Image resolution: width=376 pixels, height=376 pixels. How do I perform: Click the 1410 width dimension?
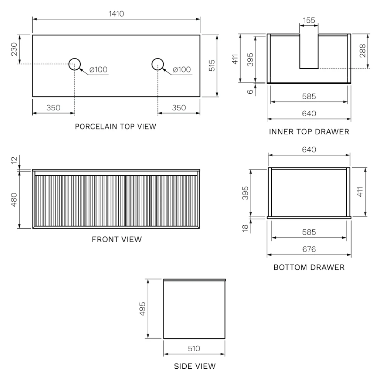pyautogui.click(x=116, y=14)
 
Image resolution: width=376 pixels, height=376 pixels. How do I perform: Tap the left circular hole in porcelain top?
pyautogui.click(x=75, y=58)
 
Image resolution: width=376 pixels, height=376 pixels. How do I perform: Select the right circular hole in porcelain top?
pyautogui.click(x=158, y=58)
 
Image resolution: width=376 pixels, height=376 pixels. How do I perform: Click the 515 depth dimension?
pyautogui.click(x=212, y=65)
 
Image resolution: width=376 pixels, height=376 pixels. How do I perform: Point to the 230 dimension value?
pyautogui.click(x=14, y=49)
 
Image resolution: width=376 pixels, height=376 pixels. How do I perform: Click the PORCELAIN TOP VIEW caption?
pyautogui.click(x=116, y=127)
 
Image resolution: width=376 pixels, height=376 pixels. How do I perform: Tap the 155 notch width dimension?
pyautogui.click(x=309, y=21)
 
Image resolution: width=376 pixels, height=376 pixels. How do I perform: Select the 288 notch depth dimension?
pyautogui.click(x=362, y=51)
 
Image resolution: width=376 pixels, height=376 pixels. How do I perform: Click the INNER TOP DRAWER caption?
pyautogui.click(x=309, y=132)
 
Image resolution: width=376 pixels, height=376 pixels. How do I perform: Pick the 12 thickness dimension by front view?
pyautogui.click(x=14, y=160)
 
